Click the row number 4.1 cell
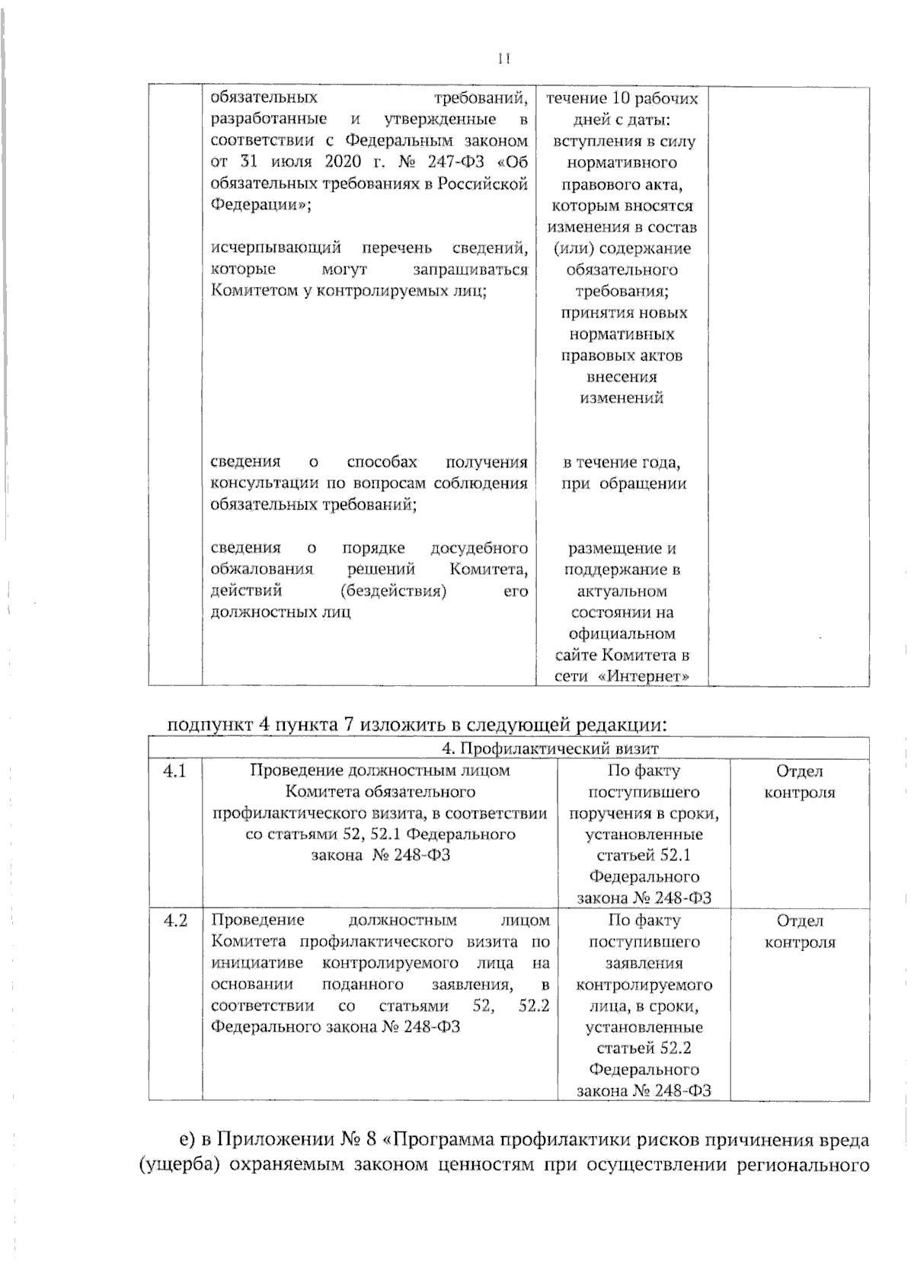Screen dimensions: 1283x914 pos(175,771)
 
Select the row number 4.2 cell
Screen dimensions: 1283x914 pos(175,921)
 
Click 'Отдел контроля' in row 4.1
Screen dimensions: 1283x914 pos(800,782)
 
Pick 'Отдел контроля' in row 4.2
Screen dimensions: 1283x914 pos(800,931)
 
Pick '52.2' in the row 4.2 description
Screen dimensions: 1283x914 pos(533,1006)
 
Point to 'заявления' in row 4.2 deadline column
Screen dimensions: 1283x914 pos(645,963)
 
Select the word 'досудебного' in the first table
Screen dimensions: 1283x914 pos(479,548)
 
